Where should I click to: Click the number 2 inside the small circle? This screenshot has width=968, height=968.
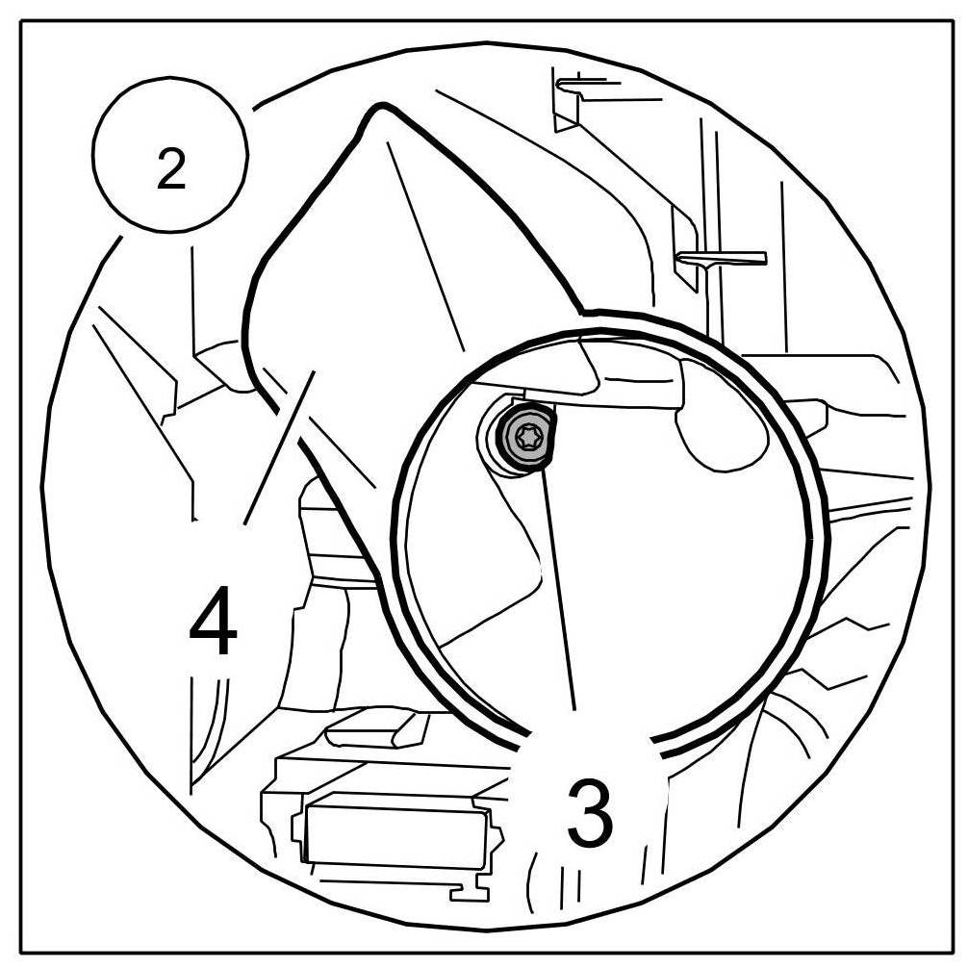pos(170,170)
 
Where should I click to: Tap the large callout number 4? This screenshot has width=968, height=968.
pos(213,624)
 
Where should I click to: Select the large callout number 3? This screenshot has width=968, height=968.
pos(588,813)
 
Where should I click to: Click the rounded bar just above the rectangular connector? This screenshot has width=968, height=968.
pos(375,732)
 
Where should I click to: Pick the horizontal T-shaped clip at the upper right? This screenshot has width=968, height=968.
pos(722,258)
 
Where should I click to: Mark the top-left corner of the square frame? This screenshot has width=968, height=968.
pos(21,21)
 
